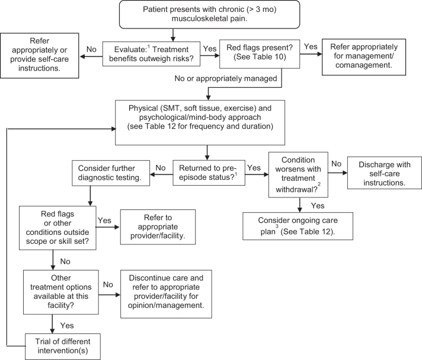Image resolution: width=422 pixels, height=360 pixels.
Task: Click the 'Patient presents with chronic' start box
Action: click(x=209, y=14)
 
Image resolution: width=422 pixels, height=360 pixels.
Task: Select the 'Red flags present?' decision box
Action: click(x=260, y=54)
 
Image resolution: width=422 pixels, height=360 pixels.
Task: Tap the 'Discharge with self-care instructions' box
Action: click(x=384, y=173)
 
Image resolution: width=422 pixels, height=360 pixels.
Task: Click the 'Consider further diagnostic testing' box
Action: click(x=111, y=173)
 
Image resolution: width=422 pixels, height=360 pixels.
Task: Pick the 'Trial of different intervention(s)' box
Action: click(x=63, y=346)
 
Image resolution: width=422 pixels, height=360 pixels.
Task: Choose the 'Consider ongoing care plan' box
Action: click(x=298, y=226)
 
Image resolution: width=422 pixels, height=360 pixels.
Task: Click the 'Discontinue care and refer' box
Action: click(x=166, y=294)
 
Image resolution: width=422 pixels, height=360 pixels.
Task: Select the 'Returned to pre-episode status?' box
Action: click(x=209, y=173)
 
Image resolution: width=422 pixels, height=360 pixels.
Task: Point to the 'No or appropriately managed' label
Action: click(x=226, y=78)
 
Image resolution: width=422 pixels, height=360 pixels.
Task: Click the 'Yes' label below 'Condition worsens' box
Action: click(x=318, y=206)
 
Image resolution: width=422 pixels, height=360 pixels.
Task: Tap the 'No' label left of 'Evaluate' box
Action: click(x=91, y=49)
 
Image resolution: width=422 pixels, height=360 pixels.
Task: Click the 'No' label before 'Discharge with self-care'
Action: click(x=336, y=164)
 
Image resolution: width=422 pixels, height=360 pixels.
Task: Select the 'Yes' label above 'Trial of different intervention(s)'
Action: click(x=67, y=326)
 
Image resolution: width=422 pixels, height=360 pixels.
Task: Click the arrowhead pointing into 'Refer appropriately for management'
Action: click(x=319, y=54)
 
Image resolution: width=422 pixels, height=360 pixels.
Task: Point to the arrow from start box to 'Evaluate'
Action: click(x=173, y=35)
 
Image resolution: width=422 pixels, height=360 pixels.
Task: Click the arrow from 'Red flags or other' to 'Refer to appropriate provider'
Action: click(x=108, y=227)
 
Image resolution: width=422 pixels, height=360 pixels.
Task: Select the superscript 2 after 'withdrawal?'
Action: click(x=319, y=184)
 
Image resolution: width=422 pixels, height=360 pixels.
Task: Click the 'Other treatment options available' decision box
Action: click(x=61, y=292)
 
